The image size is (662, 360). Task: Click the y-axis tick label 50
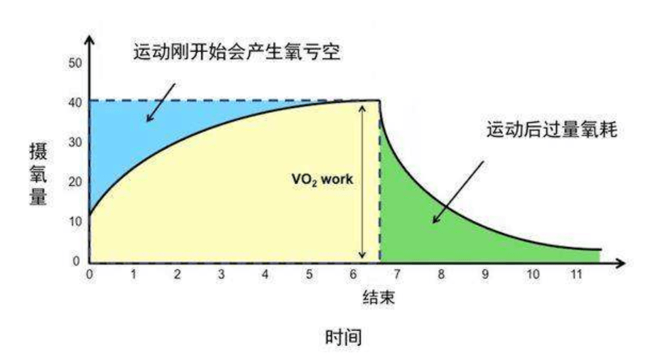pos(75,63)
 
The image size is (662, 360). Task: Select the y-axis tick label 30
pos(75,142)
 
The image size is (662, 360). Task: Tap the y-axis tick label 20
pos(75,182)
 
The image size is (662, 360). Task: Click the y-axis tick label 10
pos(75,222)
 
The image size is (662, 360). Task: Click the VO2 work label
pos(322,180)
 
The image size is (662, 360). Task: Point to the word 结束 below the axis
pos(379,298)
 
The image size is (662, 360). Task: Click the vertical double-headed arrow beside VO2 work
pos(362,182)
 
